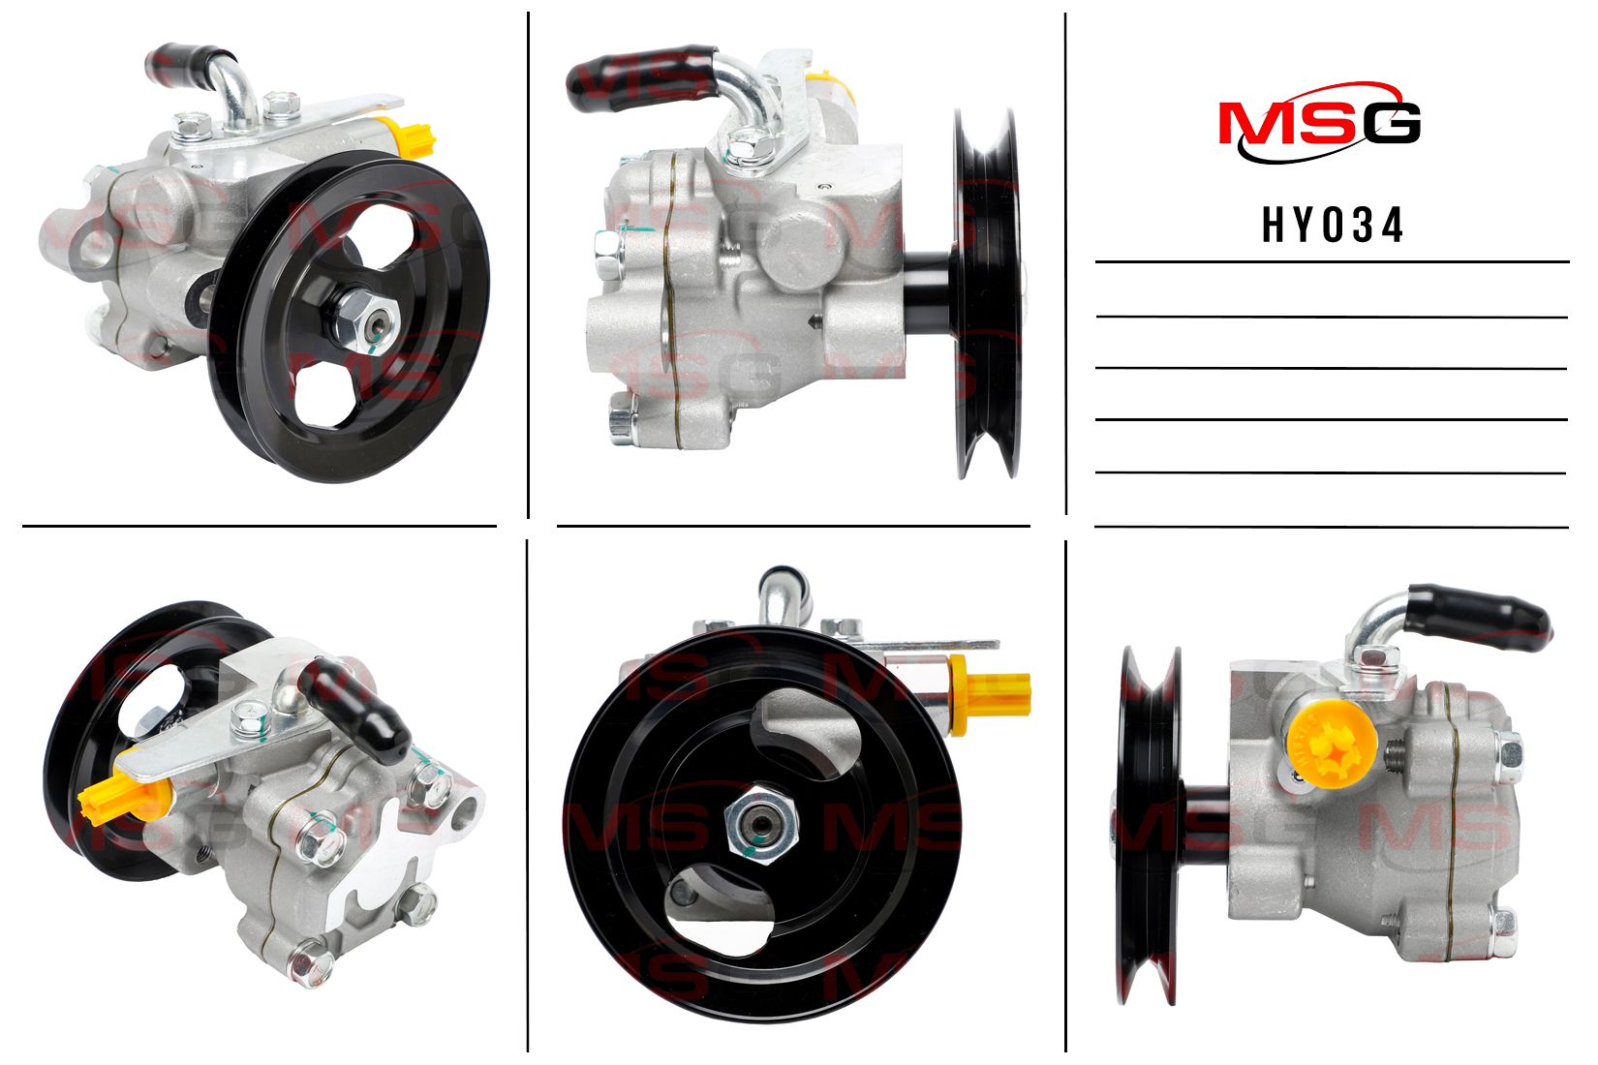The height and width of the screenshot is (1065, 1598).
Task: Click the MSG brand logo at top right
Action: (x=1320, y=123)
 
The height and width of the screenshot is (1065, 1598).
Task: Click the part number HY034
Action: (x=1333, y=226)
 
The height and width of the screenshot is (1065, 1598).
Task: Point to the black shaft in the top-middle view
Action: (x=929, y=291)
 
